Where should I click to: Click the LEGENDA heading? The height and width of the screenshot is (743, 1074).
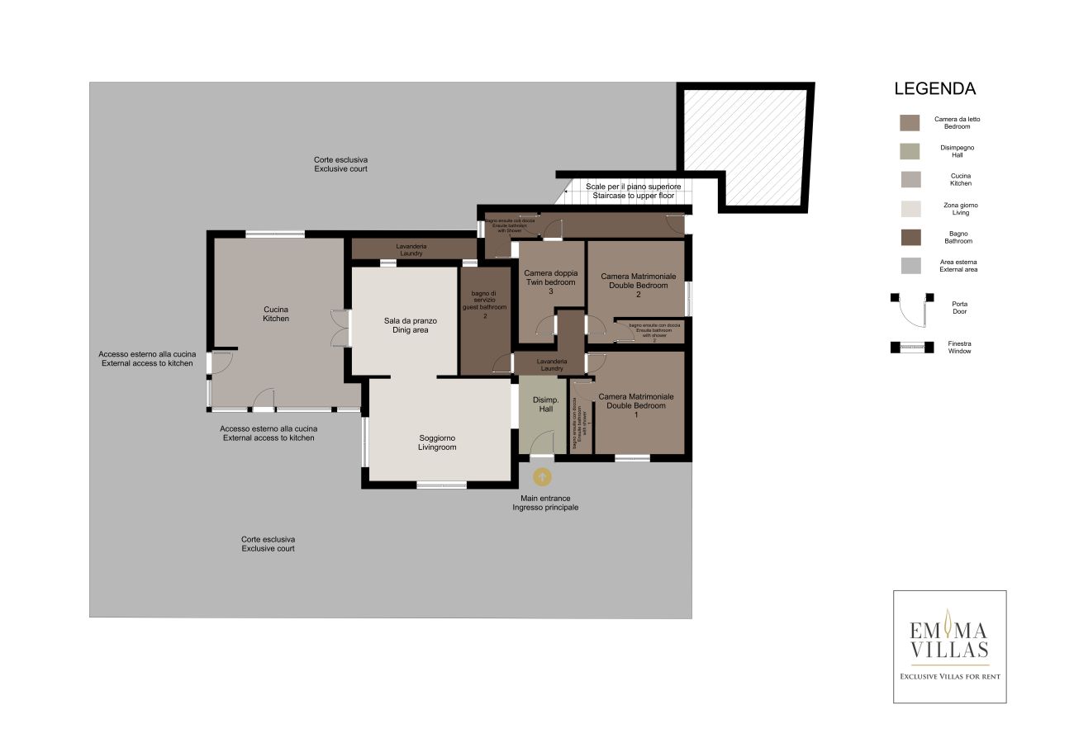coord(935,89)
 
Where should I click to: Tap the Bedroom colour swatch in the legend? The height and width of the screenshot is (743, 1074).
coord(910,122)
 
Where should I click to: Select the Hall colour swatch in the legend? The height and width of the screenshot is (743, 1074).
coord(910,151)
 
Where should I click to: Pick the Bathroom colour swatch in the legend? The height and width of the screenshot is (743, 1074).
coord(910,237)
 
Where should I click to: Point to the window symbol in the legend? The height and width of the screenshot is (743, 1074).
coord(912,347)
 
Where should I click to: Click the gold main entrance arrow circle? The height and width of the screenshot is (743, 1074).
coord(542,476)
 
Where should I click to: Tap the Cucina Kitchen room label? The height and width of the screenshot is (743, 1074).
coord(276,314)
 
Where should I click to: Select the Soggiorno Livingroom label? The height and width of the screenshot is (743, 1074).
coord(437,442)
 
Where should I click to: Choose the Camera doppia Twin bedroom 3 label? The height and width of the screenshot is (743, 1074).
coord(550,282)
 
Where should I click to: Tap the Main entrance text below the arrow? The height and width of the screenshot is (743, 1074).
coord(544,503)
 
